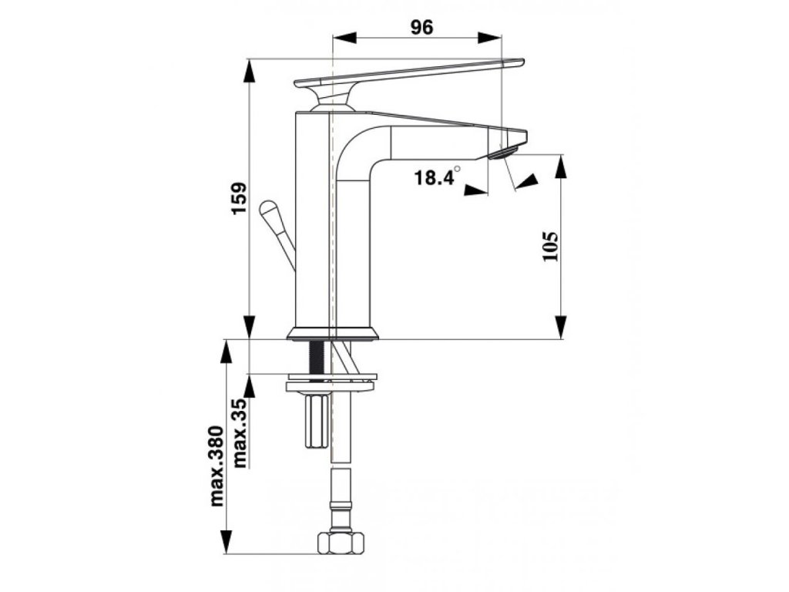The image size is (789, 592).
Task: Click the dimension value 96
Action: point(421,27)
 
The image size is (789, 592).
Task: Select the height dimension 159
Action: point(239,199)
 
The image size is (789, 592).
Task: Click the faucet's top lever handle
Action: point(408,72)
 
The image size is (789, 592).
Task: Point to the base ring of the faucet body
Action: point(334,334)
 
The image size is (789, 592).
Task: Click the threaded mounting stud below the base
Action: point(316,358)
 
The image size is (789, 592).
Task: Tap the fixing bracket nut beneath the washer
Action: point(316,420)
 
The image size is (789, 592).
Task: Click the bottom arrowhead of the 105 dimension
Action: point(561,328)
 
